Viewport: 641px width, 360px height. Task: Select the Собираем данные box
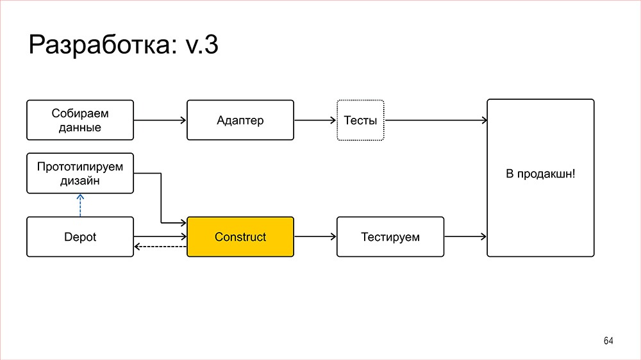click(x=80, y=120)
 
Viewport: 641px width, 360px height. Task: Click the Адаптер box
click(x=240, y=120)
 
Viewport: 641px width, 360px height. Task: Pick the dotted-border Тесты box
click(x=360, y=120)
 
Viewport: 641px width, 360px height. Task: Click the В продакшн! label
click(x=540, y=174)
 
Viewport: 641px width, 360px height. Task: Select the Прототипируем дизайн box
click(x=80, y=173)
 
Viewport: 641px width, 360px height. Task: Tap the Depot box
click(x=80, y=237)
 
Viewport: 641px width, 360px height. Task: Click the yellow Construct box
click(x=240, y=237)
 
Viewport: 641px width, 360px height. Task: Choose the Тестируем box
click(x=390, y=237)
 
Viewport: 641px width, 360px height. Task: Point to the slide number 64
click(x=608, y=341)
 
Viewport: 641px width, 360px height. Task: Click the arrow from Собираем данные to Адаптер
click(x=160, y=120)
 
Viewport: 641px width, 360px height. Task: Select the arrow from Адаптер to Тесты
click(x=315, y=120)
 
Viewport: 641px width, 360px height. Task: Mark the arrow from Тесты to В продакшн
click(x=435, y=120)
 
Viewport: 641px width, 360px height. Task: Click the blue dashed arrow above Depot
click(x=81, y=205)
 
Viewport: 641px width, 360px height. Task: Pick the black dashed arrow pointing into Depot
click(x=160, y=247)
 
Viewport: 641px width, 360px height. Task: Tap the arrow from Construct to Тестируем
click(x=315, y=237)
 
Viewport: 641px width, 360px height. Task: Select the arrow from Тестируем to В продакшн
click(x=465, y=237)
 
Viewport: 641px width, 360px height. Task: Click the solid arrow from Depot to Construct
click(x=160, y=237)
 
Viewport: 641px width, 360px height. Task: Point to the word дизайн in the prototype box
click(x=80, y=181)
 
